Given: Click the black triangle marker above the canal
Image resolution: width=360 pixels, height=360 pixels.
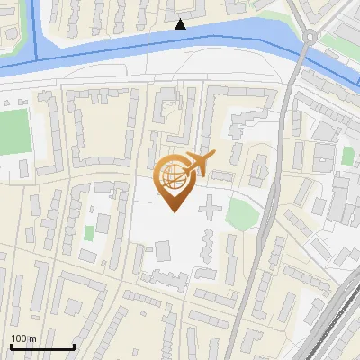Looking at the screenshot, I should (180, 25).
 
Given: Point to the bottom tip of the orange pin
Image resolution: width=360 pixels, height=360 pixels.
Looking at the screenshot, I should (173, 211).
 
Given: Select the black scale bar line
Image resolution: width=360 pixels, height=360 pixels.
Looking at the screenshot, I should (42, 347).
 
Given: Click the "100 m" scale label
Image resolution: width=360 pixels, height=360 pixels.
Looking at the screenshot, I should (23, 338).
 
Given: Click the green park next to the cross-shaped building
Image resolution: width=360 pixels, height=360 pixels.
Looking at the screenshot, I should (241, 214).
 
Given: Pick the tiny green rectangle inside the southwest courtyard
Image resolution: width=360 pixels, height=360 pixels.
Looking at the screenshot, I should (89, 233).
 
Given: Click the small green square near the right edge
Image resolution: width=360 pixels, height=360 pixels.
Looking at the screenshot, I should (347, 156).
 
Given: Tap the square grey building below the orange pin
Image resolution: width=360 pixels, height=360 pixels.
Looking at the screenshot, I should (162, 252).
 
